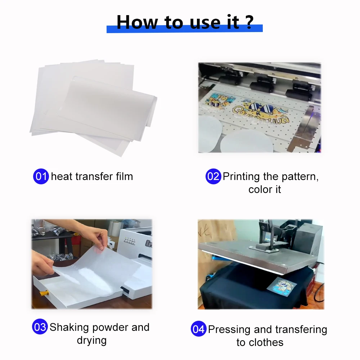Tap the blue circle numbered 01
(41, 176)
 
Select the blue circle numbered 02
(213, 176)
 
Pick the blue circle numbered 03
(40, 327)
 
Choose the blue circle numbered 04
(198, 329)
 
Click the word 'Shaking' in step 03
(69, 327)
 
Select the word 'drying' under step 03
(91, 341)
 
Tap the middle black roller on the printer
(260, 87)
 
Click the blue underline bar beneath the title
(184, 30)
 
